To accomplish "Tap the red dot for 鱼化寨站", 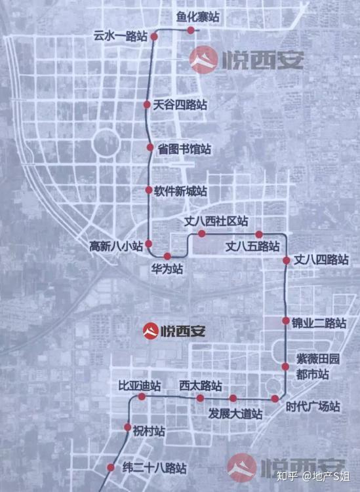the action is point(191,30).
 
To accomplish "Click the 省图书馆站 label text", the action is point(184,148).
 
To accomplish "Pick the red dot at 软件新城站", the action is point(149,190).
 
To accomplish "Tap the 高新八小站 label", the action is point(116,247).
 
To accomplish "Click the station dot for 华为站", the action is point(167,256).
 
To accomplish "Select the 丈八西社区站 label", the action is point(217,221).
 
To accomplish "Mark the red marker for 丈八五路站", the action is point(259,234).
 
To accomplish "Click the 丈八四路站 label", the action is point(321,259).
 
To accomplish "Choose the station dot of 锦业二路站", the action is point(286,321).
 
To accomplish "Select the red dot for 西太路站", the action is point(200,398).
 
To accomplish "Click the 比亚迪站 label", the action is point(135,385).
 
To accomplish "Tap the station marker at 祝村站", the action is point(128,428).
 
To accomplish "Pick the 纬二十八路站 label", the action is point(155,468).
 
